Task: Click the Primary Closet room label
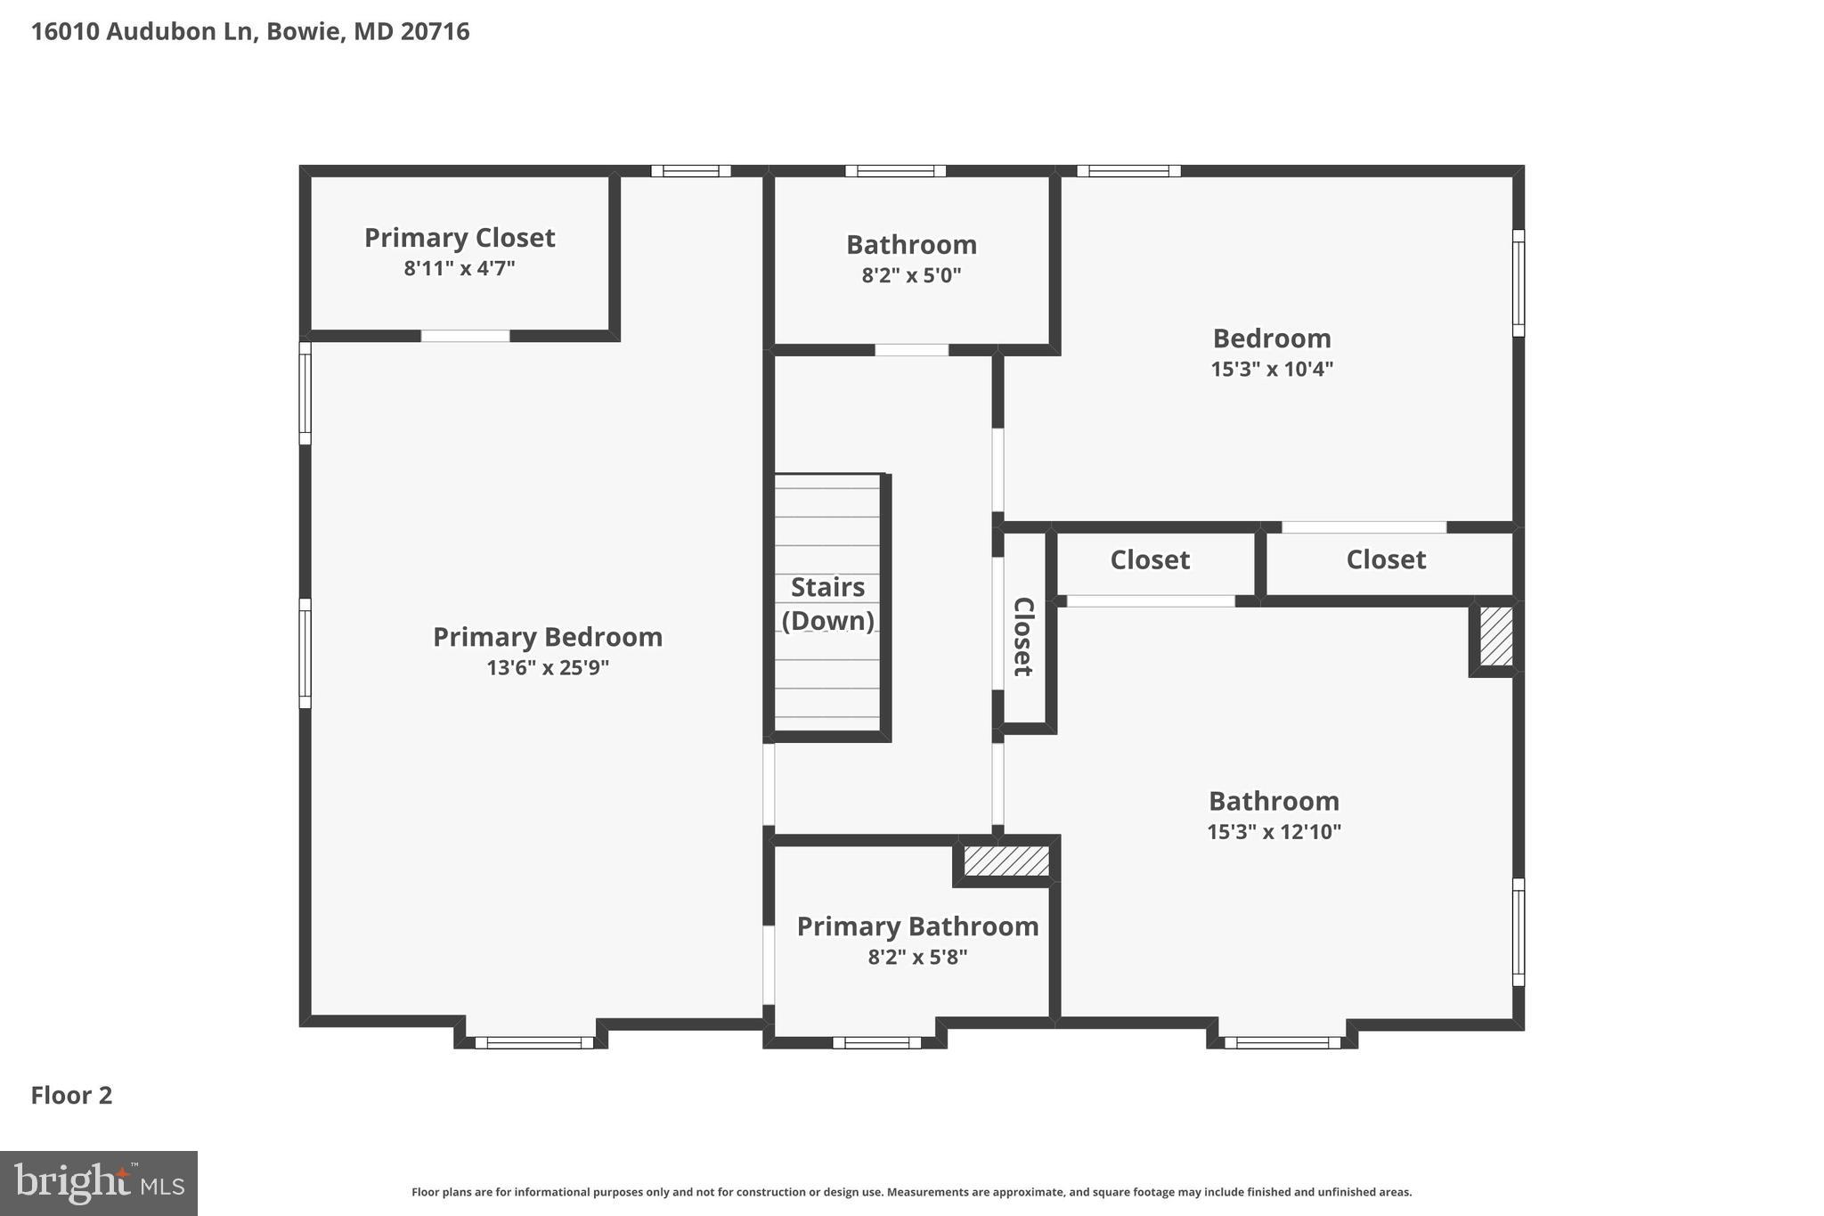tap(460, 238)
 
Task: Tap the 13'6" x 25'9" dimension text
tap(548, 668)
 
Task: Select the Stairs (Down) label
tap(828, 604)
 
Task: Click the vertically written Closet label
tap(1023, 636)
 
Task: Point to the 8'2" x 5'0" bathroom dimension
tap(911, 275)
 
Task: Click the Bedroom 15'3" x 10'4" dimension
tap(1272, 369)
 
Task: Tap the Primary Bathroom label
tap(917, 926)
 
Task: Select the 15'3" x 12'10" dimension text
tap(1274, 832)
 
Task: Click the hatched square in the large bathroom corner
tap(1496, 636)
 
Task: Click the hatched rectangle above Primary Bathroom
tap(1006, 861)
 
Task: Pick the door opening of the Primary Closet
tap(465, 336)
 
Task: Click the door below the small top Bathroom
tap(911, 350)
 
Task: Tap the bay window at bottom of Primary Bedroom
tap(533, 1042)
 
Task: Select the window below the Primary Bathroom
tap(876, 1042)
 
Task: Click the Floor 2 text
tap(71, 1095)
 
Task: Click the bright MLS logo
tap(99, 1183)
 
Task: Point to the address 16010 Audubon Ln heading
tap(250, 32)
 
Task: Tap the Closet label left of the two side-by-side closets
tap(1150, 560)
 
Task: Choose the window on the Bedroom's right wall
tap(1519, 283)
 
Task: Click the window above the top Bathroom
tap(895, 171)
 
